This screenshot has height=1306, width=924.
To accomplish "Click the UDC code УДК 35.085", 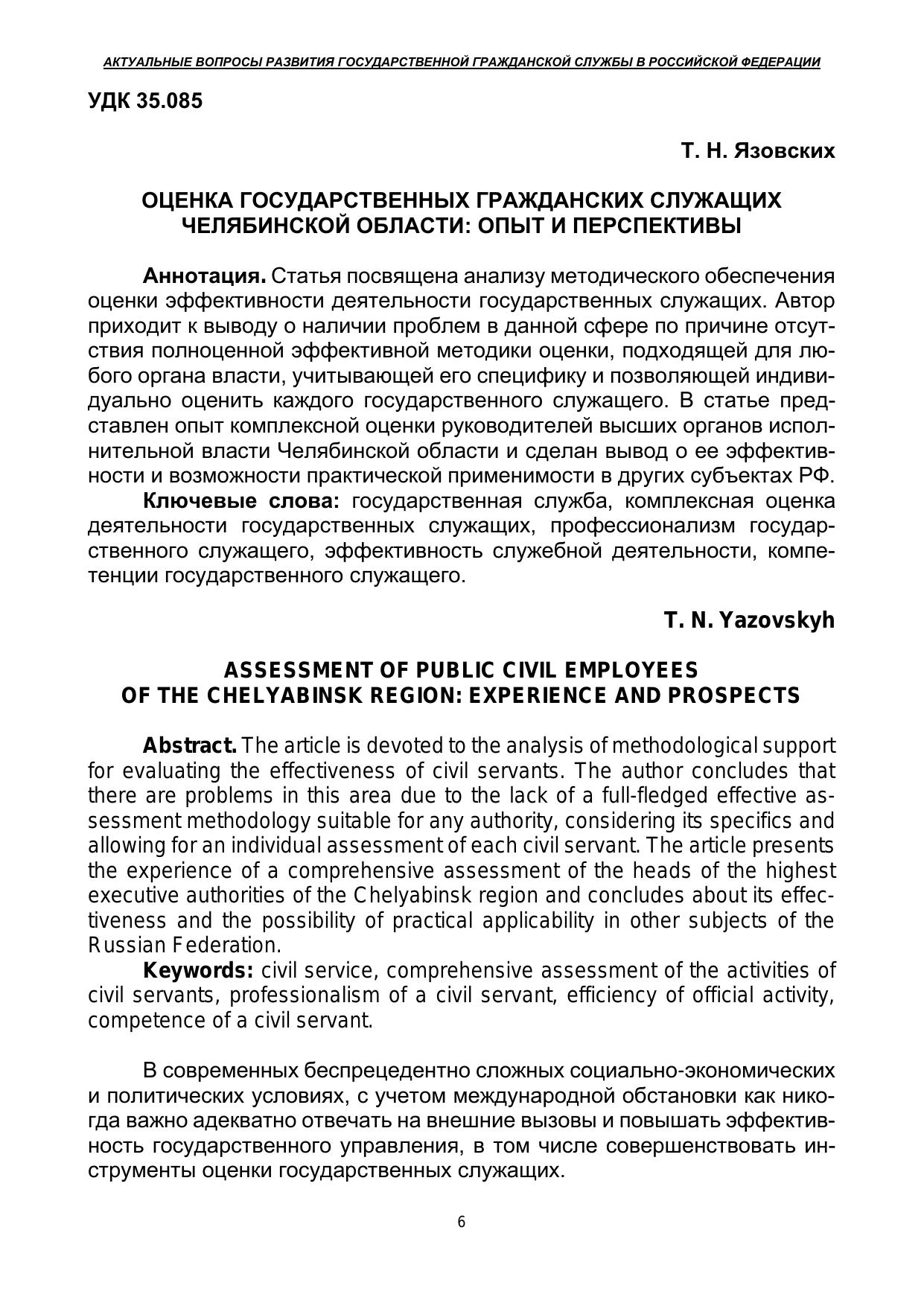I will pos(145,101).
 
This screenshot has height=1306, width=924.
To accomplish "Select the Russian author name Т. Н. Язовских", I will pos(757,151).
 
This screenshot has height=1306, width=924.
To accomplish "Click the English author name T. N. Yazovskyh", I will pos(749,620).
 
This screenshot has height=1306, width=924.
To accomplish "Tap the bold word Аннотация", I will pos(204,276).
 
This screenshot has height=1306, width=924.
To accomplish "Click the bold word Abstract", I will pos(190,745).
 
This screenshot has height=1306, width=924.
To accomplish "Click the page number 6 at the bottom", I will pos(462,1222).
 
